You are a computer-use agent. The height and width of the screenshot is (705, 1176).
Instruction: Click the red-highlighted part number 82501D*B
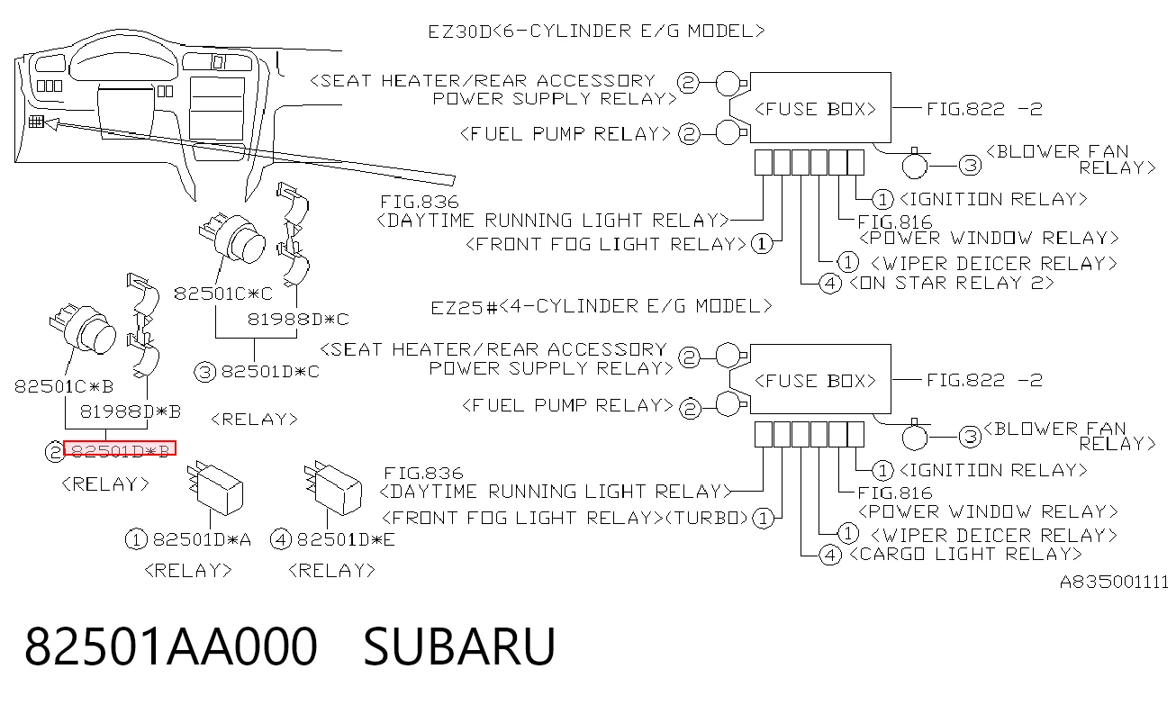click(120, 450)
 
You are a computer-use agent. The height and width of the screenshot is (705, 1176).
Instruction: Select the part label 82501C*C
click(223, 294)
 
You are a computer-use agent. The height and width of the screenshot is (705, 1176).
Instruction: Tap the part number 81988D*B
click(131, 411)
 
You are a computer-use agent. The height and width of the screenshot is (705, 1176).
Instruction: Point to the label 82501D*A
click(202, 539)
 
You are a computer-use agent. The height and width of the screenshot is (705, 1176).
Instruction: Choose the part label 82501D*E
click(346, 539)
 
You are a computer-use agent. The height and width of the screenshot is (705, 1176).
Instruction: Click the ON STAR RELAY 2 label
click(951, 283)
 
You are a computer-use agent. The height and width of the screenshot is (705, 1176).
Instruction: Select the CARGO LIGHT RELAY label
click(965, 554)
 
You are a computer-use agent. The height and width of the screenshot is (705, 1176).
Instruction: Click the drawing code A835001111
click(1114, 582)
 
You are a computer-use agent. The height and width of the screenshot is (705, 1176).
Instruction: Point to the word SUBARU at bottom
click(459, 646)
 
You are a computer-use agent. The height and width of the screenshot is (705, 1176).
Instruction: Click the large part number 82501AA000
click(171, 646)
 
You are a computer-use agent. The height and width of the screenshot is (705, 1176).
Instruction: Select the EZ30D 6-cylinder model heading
click(596, 32)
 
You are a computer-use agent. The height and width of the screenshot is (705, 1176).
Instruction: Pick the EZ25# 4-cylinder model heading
click(602, 306)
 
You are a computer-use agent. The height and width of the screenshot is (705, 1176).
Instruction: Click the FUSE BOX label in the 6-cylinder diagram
click(815, 109)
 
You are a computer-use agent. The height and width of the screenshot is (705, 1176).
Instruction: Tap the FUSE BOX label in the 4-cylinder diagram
click(815, 381)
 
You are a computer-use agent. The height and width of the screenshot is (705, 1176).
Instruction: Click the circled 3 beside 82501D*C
click(204, 372)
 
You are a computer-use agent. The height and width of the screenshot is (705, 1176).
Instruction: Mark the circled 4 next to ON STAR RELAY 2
click(830, 284)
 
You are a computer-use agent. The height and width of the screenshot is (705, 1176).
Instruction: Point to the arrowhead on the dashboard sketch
click(51, 123)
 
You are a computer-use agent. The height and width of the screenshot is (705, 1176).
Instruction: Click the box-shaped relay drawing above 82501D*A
click(215, 488)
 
